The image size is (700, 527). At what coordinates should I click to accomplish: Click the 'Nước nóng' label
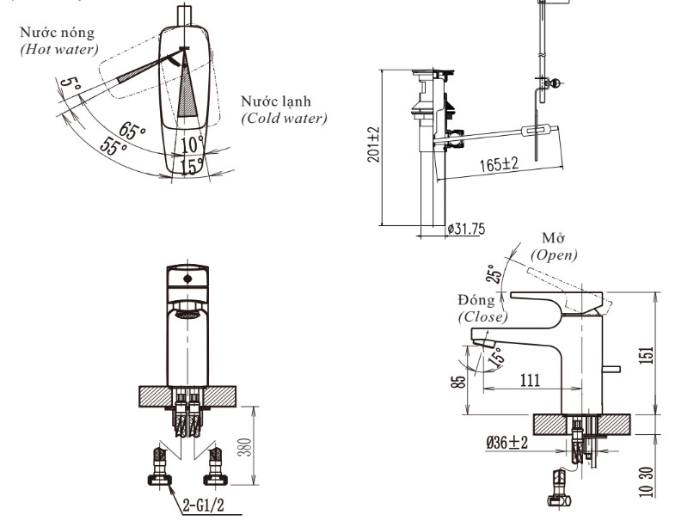coord(57,33)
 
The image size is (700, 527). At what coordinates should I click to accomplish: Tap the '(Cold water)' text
coord(284,119)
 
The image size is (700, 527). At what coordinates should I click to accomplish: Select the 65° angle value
coord(132,130)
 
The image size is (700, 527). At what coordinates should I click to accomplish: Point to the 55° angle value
coord(114,145)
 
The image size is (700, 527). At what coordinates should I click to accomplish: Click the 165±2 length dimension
coord(499,163)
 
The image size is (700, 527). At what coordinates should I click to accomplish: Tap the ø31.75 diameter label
coord(466,229)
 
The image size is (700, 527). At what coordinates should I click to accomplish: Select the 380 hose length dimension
coord(245,447)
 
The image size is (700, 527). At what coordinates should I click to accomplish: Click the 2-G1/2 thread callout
coord(204,505)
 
